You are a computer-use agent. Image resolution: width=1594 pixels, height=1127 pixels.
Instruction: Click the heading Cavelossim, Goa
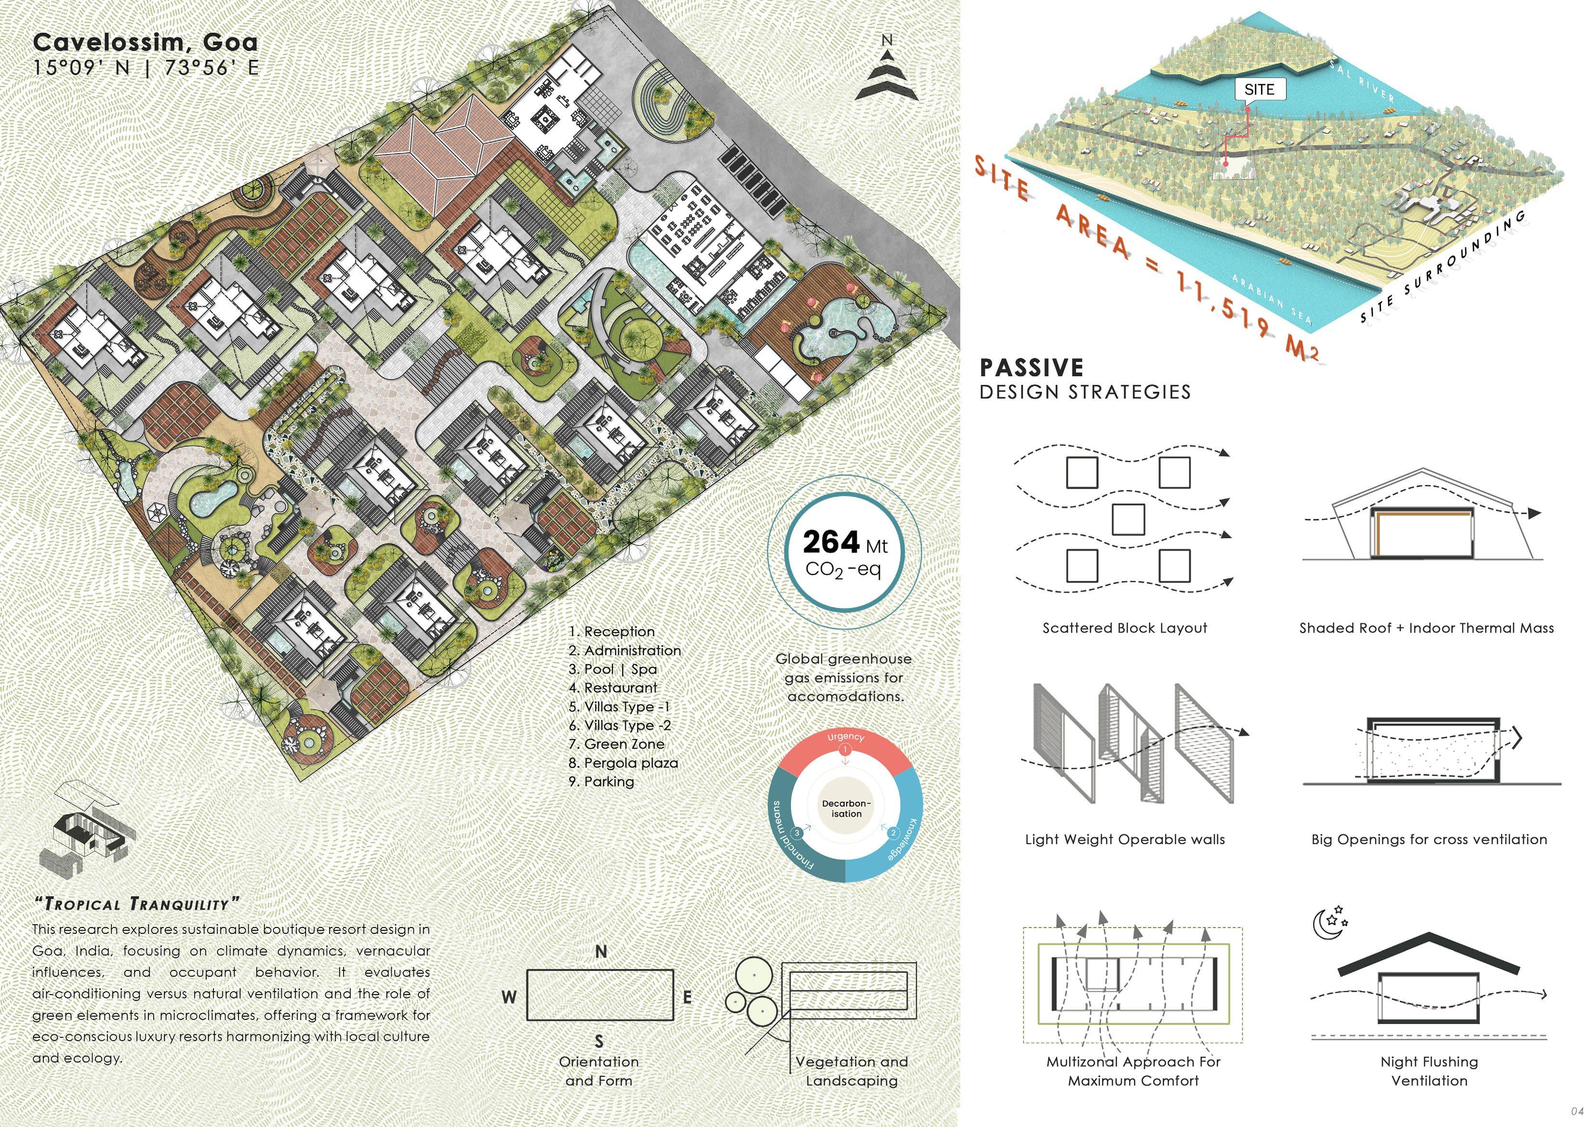pyautogui.click(x=145, y=42)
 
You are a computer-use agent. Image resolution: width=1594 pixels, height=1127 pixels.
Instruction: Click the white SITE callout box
pyautogui.click(x=1259, y=90)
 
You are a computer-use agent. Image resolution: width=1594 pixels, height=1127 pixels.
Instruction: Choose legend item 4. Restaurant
pyautogui.click(x=612, y=688)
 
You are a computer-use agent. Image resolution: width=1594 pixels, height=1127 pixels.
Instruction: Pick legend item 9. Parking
pyautogui.click(x=601, y=781)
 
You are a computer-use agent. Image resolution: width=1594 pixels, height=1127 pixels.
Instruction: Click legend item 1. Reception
pyautogui.click(x=611, y=631)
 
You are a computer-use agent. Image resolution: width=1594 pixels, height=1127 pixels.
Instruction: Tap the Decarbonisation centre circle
pyautogui.click(x=846, y=809)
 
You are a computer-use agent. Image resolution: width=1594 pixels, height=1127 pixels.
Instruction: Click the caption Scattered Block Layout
pyautogui.click(x=1125, y=628)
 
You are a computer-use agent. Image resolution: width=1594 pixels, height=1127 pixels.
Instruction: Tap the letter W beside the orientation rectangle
pyautogui.click(x=509, y=997)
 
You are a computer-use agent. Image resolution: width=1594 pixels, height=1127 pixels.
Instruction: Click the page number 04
pyautogui.click(x=1577, y=1111)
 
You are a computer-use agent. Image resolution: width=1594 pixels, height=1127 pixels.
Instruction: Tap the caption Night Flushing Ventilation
pyautogui.click(x=1429, y=1071)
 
